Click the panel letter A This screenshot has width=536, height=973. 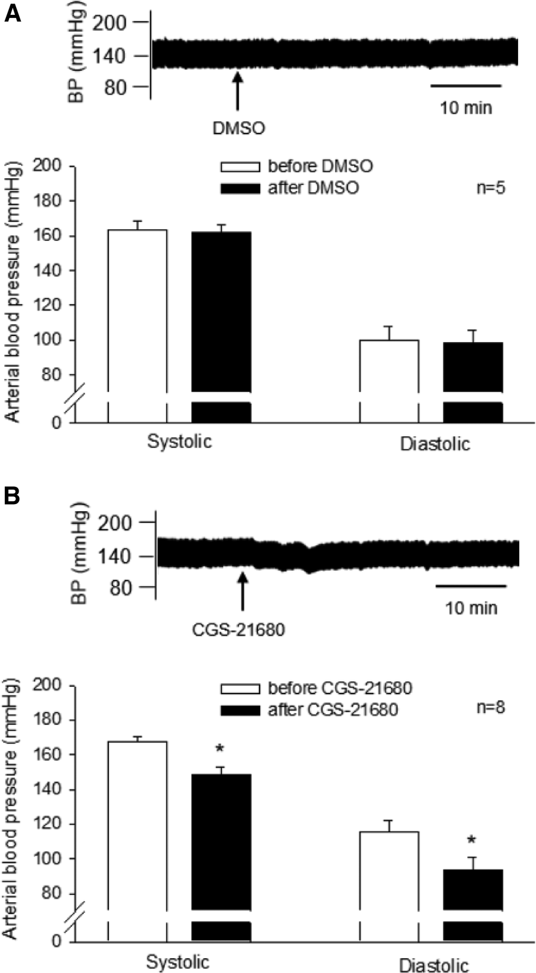click(13, 13)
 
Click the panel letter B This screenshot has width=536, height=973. click(13, 496)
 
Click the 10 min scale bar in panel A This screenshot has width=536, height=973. click(466, 86)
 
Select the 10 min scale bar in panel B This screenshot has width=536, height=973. click(470, 586)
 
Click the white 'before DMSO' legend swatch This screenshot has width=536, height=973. click(241, 167)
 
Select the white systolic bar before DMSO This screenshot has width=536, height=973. click(137, 310)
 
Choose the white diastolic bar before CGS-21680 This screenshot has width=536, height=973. click(389, 870)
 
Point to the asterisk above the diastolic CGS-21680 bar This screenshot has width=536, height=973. click(472, 840)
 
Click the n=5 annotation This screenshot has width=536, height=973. click(491, 188)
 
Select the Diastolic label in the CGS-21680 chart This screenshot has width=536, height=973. click(434, 965)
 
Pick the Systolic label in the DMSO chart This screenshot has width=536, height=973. click(179, 442)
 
